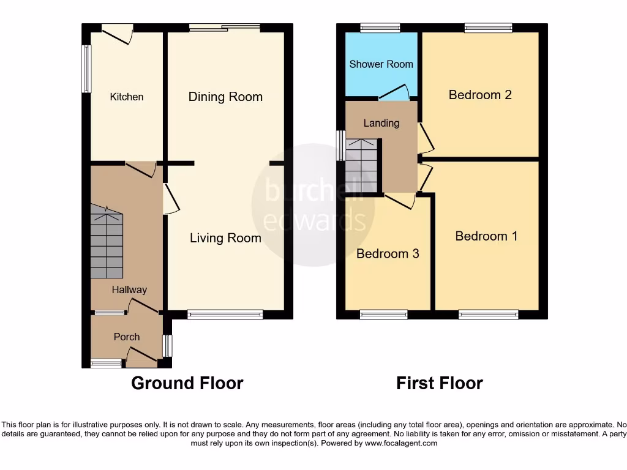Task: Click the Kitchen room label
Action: [127, 97]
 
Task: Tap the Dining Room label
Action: [225, 97]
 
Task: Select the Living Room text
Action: [225, 238]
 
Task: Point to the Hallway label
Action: [129, 289]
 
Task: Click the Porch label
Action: [127, 337]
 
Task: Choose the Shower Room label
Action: [381, 64]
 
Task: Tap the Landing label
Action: [381, 123]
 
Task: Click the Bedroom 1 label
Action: [486, 236]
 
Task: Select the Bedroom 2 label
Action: [480, 95]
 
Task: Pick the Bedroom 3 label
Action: [388, 253]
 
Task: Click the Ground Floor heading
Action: [187, 384]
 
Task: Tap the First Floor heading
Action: [440, 384]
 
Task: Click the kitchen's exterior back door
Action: [118, 32]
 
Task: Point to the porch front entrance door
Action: [141, 356]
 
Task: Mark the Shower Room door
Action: [395, 91]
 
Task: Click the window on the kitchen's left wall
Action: [87, 68]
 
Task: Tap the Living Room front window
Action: [225, 315]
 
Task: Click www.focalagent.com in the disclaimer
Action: [400, 443]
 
